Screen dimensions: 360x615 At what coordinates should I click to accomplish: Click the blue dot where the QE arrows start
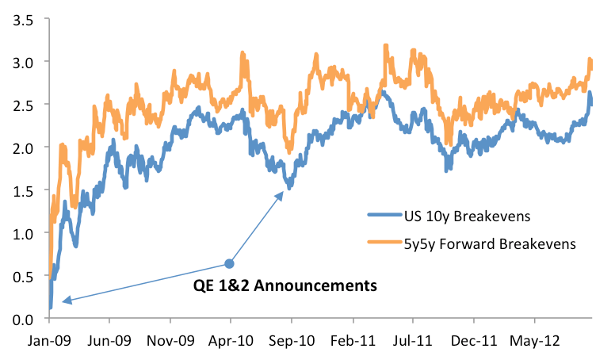(x=230, y=263)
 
